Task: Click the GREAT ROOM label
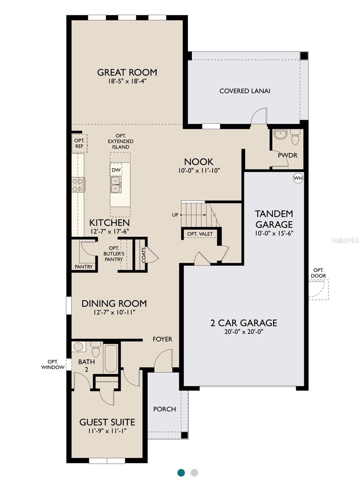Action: click(127, 73)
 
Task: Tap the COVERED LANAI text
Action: click(245, 91)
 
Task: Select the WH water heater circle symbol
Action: click(298, 178)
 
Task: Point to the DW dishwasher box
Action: click(116, 170)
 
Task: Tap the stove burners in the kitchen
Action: click(78, 185)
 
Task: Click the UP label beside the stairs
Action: click(175, 215)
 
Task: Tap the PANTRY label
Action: click(84, 267)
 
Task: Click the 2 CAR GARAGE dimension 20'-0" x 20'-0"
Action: click(244, 331)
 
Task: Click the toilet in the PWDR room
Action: click(295, 138)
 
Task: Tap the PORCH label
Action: click(165, 409)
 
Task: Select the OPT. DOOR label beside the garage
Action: click(319, 273)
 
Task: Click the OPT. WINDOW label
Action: click(53, 364)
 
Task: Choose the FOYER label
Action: click(162, 339)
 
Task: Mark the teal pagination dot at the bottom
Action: click(181, 472)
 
